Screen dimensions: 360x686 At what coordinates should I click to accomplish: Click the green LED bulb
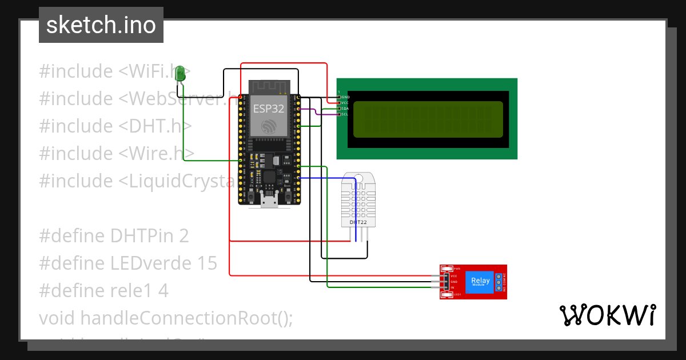(x=181, y=73)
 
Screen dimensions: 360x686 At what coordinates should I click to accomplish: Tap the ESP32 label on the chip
(x=269, y=109)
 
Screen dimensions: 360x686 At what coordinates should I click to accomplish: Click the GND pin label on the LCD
(x=345, y=97)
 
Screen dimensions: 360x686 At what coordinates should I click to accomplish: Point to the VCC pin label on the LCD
(x=345, y=103)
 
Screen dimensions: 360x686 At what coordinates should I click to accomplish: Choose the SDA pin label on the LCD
(x=345, y=109)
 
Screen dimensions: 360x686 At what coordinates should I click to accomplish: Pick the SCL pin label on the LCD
(x=345, y=114)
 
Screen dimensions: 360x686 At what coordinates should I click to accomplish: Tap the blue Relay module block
(x=480, y=281)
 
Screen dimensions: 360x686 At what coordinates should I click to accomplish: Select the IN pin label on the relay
(x=453, y=287)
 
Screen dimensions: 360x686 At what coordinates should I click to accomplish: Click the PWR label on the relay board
(x=457, y=268)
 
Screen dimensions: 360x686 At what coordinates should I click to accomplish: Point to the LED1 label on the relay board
(x=457, y=295)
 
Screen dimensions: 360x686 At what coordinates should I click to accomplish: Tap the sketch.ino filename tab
(x=101, y=25)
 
